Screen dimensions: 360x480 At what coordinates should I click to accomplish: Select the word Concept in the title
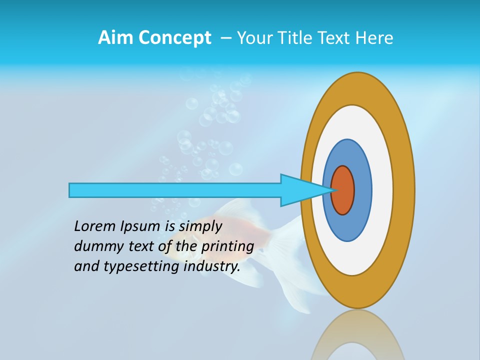click(x=174, y=38)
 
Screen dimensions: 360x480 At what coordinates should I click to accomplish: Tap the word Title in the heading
click(x=298, y=38)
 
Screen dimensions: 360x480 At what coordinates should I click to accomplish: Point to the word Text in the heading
click(x=335, y=38)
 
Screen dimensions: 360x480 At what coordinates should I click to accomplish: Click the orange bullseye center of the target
click(x=343, y=190)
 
